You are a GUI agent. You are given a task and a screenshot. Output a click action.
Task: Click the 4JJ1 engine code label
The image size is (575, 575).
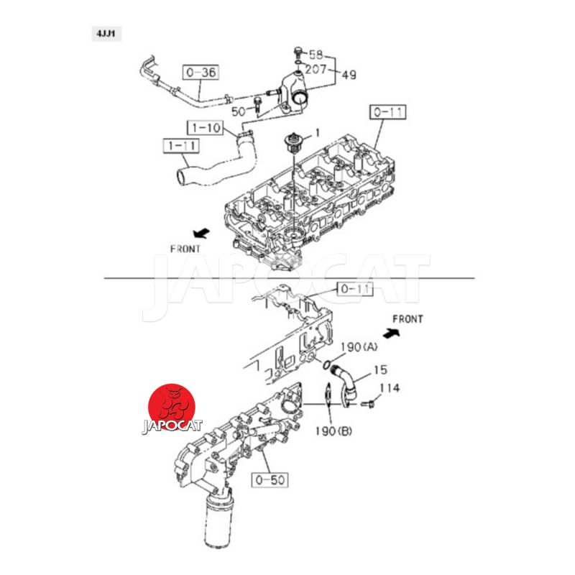pyautogui.click(x=106, y=34)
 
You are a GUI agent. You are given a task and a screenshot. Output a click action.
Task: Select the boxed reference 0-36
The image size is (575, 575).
pyautogui.click(x=201, y=73)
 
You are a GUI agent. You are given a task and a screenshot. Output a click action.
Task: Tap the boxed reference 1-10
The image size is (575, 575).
pyautogui.click(x=206, y=128)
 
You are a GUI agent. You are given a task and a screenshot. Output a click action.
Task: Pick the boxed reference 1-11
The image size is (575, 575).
pyautogui.click(x=181, y=146)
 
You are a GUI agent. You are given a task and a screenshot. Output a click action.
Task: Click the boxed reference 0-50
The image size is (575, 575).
pyautogui.click(x=270, y=480)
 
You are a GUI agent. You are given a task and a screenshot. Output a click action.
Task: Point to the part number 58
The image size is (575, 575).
pyautogui.click(x=316, y=55)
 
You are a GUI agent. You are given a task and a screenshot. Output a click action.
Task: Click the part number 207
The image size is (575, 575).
pyautogui.click(x=316, y=68)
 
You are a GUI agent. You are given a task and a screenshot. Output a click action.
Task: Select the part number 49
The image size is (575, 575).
pyautogui.click(x=349, y=75)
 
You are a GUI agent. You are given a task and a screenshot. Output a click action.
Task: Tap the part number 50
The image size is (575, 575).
pyautogui.click(x=239, y=111)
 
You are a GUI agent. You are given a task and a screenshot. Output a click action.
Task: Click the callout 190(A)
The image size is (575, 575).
pyautogui.click(x=359, y=347)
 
